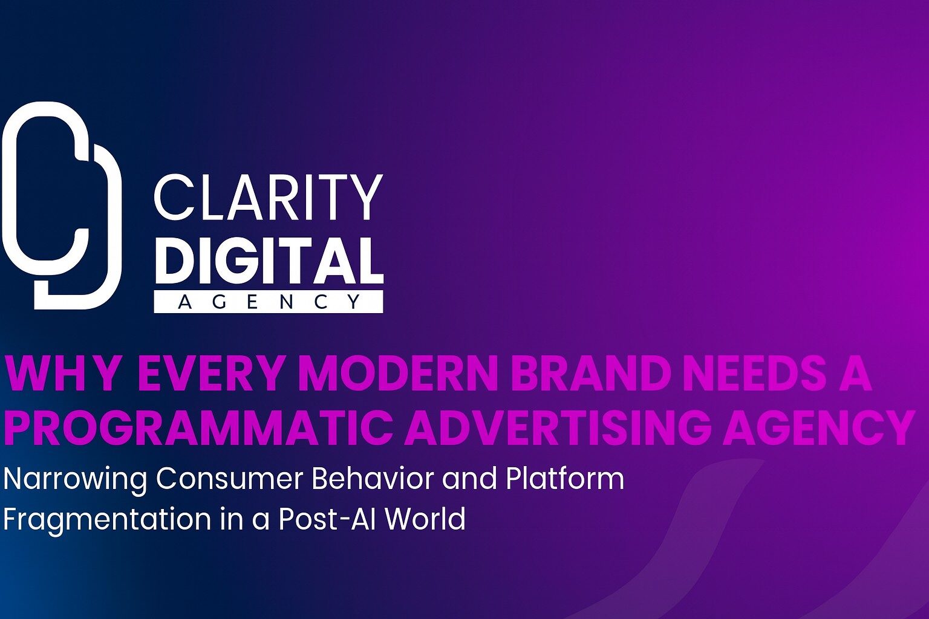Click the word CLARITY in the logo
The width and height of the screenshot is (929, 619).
click(x=268, y=198)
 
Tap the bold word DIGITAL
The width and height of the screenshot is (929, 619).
click(x=269, y=261)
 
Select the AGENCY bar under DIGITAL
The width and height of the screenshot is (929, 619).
click(x=269, y=302)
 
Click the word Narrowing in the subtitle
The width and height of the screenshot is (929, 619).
click(x=75, y=479)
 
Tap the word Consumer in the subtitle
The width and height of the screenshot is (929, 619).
click(x=229, y=479)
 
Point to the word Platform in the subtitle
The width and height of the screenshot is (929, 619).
click(x=564, y=479)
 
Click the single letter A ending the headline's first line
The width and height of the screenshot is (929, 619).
click(x=856, y=374)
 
